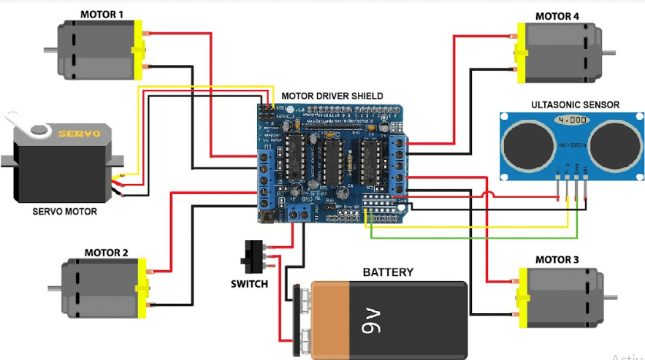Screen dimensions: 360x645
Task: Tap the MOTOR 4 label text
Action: click(x=557, y=16)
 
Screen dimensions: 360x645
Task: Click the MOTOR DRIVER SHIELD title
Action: click(x=332, y=96)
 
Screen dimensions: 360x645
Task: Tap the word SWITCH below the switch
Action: click(x=248, y=283)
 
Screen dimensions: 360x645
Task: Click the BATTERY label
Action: click(x=388, y=273)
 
